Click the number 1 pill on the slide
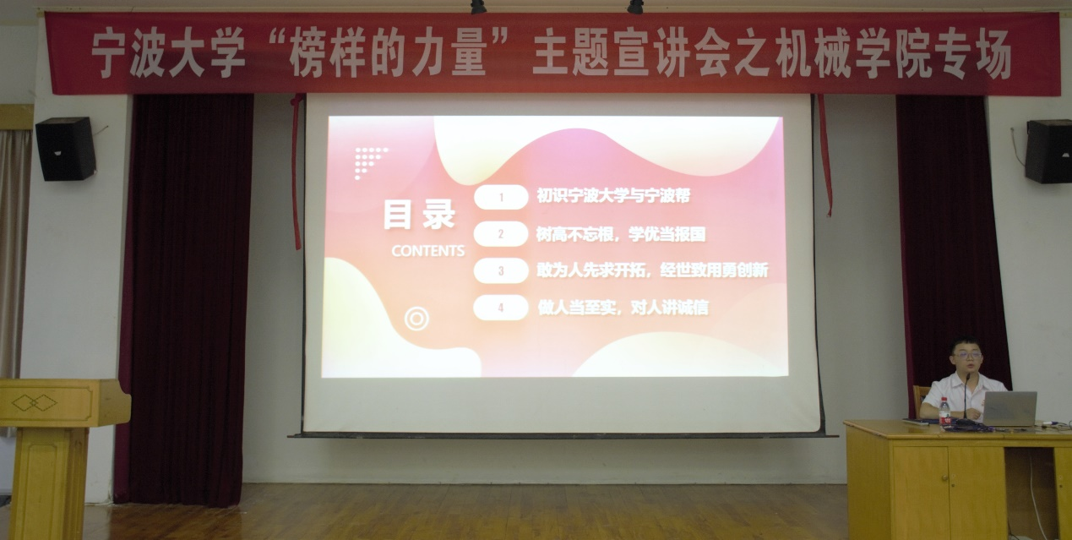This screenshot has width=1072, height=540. pyautogui.click(x=501, y=197)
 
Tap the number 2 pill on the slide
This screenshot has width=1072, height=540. pyautogui.click(x=501, y=233)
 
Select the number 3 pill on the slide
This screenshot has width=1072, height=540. pyautogui.click(x=501, y=270)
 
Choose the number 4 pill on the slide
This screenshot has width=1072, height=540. pyautogui.click(x=501, y=308)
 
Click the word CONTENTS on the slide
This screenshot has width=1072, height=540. pyautogui.click(x=427, y=251)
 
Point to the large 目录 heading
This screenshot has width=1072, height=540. pyautogui.click(x=419, y=215)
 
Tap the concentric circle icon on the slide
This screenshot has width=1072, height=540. pyautogui.click(x=416, y=319)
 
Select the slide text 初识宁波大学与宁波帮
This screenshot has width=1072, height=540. pyautogui.click(x=613, y=196)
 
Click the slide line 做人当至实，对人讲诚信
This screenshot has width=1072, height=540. pyautogui.click(x=623, y=308)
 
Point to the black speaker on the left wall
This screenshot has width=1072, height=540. pyautogui.click(x=66, y=149)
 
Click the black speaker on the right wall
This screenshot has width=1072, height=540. pyautogui.click(x=1048, y=151)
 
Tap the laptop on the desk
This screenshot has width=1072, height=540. pyautogui.click(x=1009, y=409)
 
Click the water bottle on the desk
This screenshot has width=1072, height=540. pyautogui.click(x=944, y=412)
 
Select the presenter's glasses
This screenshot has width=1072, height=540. pyautogui.click(x=966, y=355)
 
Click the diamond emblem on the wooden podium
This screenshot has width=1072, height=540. pyautogui.click(x=35, y=402)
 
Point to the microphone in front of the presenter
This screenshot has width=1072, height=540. pyautogui.click(x=966, y=398)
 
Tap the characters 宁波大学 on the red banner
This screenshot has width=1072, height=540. pyautogui.click(x=168, y=53)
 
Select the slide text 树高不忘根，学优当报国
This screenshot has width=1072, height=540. pyautogui.click(x=621, y=234)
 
